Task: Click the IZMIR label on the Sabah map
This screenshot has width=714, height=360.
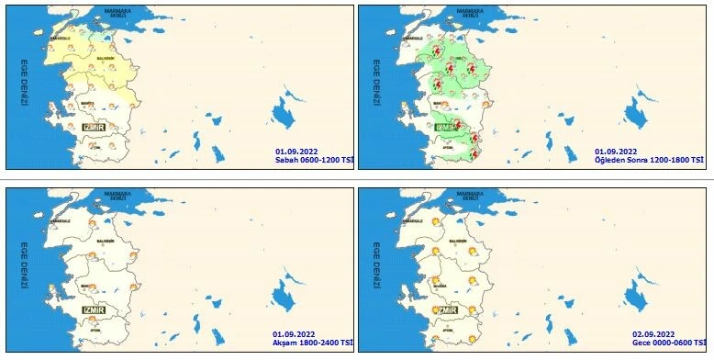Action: (96, 128)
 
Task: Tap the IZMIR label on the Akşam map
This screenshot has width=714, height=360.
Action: (95, 310)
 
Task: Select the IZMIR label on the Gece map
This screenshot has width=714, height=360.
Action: (446, 310)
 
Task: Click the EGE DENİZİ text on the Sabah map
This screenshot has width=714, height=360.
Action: (24, 84)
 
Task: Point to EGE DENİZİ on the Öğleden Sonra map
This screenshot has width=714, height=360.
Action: (375, 84)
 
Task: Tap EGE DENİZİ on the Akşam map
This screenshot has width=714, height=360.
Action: (24, 266)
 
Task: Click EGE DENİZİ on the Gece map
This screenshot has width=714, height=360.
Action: (375, 266)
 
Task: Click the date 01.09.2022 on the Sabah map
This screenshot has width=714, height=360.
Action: (296, 151)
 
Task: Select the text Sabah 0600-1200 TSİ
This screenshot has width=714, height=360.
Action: (313, 160)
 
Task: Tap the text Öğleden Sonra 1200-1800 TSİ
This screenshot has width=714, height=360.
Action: (649, 160)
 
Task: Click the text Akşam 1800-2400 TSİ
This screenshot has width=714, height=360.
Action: (311, 343)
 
